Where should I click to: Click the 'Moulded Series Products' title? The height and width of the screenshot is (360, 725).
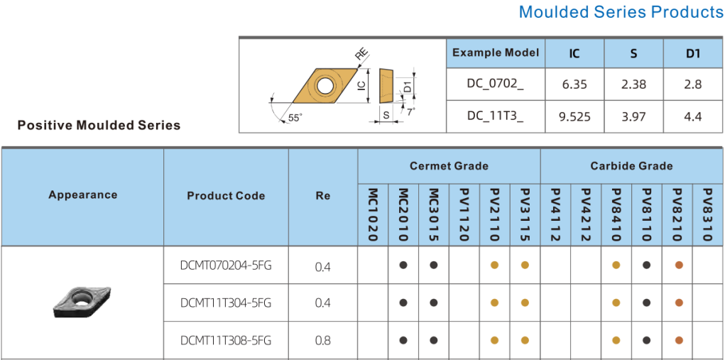pos(621,12)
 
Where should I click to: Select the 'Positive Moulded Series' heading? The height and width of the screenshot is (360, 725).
pos(99,126)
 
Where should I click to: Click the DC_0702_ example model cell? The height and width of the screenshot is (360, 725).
pos(495,84)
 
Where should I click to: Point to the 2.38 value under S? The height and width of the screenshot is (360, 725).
pos(633,84)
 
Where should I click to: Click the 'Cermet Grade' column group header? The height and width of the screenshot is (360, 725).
pos(449,166)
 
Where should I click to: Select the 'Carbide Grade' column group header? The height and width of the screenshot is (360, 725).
pos(631,166)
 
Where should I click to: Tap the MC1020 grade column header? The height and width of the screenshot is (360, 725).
pos(373,214)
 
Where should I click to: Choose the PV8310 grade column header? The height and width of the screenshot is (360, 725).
pos(708,214)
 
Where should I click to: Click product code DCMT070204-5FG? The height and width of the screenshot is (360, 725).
pos(226,266)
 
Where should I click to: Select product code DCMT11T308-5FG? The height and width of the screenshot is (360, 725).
pos(226,340)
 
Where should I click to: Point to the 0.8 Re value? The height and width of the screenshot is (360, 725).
pos(322,340)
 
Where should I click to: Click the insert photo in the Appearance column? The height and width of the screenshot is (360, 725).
pos(83,302)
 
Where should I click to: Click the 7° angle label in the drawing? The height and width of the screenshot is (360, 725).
pos(411,111)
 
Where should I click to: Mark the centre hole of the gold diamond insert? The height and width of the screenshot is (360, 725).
pos(325,86)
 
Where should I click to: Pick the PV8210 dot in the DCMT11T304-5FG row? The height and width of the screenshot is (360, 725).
pos(678,302)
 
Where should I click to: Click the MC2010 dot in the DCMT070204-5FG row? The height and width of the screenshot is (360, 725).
pos(403,265)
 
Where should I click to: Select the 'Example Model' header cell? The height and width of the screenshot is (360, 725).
pos(495,53)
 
